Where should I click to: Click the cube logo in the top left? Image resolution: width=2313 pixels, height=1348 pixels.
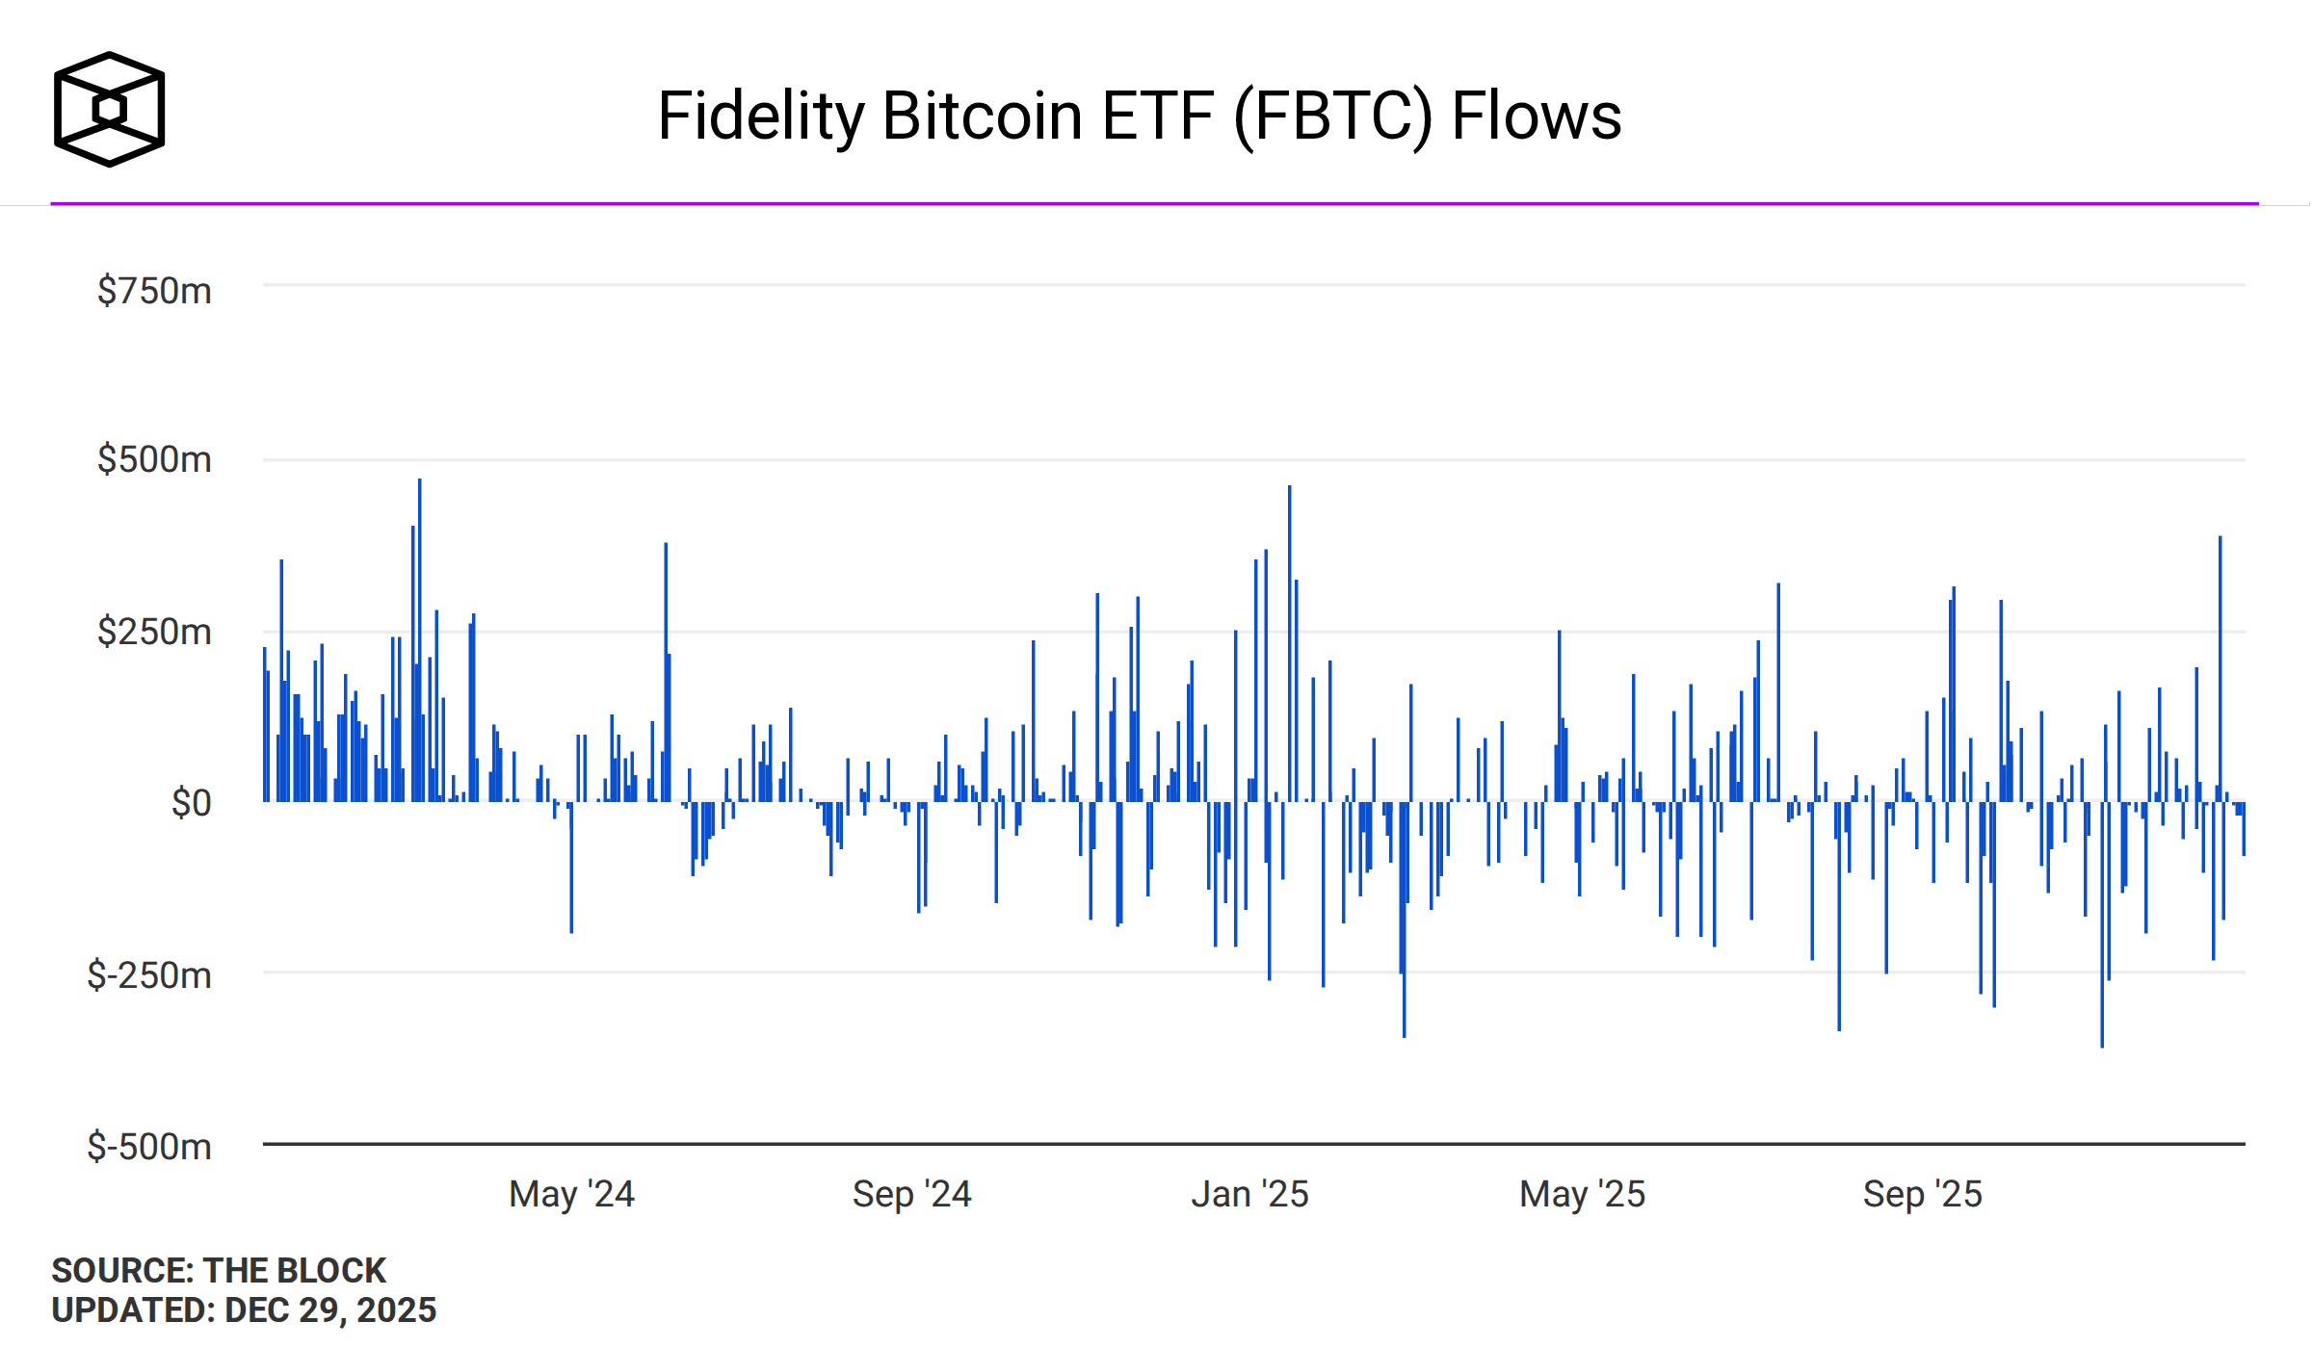tap(109, 109)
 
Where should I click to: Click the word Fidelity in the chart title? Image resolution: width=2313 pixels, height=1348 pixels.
tap(761, 117)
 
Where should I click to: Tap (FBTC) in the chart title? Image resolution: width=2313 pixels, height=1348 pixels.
tap(1334, 117)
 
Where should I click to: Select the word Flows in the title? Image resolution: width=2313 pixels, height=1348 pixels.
tap(1536, 117)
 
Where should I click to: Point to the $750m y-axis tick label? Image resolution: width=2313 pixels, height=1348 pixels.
tap(154, 291)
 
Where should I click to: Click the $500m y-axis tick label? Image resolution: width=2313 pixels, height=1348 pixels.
tap(154, 459)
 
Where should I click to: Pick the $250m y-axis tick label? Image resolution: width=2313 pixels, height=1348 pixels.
tap(154, 632)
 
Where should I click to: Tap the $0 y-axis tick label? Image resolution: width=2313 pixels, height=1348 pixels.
tap(191, 802)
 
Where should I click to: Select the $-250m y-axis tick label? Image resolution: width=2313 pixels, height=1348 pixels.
tap(149, 975)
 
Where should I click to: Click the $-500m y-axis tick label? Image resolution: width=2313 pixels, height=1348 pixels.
tap(149, 1147)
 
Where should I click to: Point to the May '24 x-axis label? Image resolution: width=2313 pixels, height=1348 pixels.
tap(571, 1194)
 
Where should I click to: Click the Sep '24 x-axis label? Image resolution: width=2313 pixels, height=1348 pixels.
tap(911, 1194)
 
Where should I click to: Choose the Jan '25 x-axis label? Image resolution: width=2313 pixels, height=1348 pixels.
tap(1249, 1194)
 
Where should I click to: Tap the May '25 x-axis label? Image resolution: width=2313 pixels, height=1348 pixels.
tap(1582, 1194)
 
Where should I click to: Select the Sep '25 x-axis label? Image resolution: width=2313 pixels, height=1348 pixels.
tap(1922, 1194)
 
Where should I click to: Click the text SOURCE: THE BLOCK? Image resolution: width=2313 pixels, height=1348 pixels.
tap(219, 1270)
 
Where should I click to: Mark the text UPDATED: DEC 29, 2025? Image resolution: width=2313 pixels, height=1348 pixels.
tap(244, 1310)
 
